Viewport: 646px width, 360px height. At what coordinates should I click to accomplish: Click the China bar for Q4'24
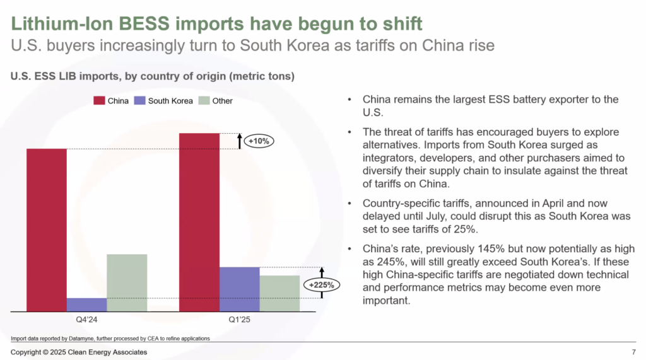[x=47, y=230]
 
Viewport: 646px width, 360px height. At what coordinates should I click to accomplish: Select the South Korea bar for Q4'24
[x=86, y=305]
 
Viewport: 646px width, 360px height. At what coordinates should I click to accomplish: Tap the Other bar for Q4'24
[x=127, y=283]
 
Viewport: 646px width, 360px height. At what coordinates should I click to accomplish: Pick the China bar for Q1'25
[x=199, y=223]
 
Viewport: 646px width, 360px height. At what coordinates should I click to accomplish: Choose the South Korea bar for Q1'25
[x=239, y=289]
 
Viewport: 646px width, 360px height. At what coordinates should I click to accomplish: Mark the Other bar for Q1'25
[x=279, y=294]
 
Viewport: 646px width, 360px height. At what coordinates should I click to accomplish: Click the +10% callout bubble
[x=259, y=141]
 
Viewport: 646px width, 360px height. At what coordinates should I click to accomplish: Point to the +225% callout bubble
[x=321, y=285]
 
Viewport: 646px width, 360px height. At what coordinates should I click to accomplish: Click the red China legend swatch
[x=99, y=101]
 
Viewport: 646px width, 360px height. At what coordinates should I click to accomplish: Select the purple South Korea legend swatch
[x=139, y=101]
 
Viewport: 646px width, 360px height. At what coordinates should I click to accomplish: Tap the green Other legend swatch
[x=204, y=101]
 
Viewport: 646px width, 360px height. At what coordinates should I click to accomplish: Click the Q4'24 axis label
[x=86, y=320]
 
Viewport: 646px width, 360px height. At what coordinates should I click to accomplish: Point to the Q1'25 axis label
[x=239, y=320]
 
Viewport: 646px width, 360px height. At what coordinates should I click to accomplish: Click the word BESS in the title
[x=144, y=23]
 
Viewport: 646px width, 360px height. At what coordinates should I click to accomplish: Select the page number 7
[x=633, y=352]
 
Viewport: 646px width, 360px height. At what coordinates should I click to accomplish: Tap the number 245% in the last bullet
[x=389, y=262]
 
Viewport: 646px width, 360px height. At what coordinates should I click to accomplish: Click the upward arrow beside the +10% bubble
[x=239, y=141]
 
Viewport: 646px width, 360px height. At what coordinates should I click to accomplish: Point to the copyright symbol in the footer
[x=45, y=352]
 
